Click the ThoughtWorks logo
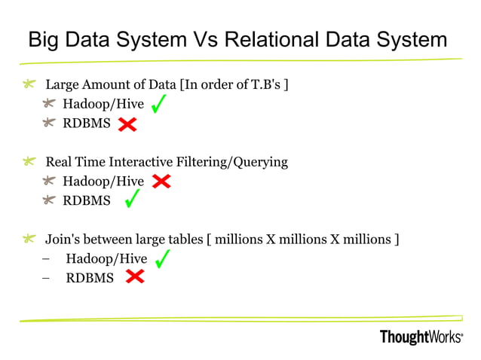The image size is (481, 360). coord(421,337)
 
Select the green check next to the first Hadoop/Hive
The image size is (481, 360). coord(159,103)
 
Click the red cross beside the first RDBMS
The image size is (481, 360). coord(127,124)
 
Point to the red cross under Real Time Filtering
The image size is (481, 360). coord(161,181)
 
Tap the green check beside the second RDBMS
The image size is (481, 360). coord(131,199)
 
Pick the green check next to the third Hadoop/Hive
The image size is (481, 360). coord(161,259)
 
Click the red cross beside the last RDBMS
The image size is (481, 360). coord(135,277)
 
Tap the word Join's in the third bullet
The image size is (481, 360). coord(62,239)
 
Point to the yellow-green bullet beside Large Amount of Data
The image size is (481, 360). coord(29,84)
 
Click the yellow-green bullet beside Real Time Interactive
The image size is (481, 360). coord(29,162)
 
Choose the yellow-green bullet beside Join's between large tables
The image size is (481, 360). coord(29,239)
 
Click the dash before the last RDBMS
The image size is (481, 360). coord(47,278)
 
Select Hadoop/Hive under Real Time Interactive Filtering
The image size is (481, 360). coord(103,181)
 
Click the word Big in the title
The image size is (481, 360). coord(42,39)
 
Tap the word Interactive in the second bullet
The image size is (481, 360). coord(139,162)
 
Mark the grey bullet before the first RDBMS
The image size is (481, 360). coord(50,123)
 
